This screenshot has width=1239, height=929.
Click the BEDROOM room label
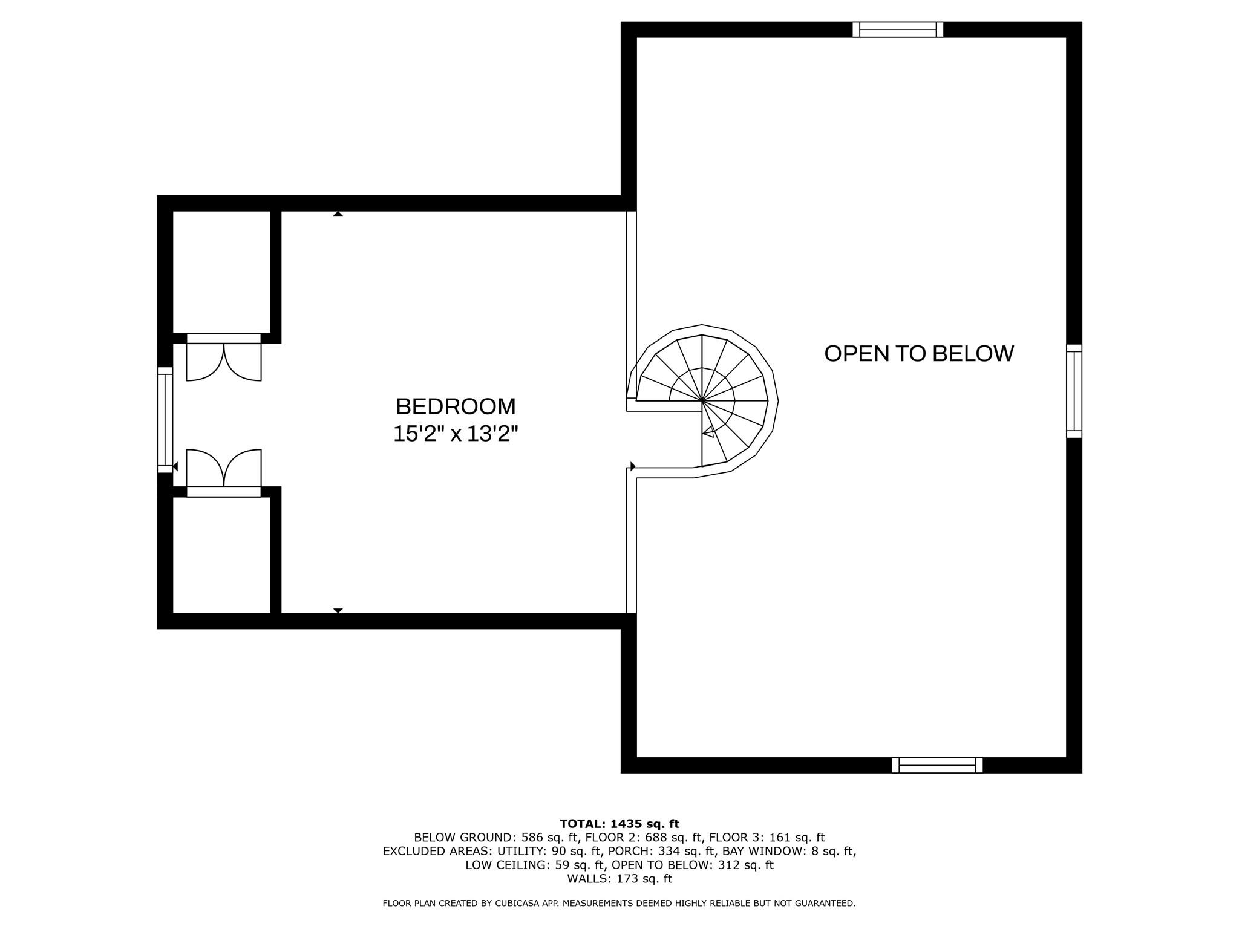click(456, 406)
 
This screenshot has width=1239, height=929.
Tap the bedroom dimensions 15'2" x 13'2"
click(456, 434)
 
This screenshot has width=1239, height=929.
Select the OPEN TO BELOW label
click(919, 354)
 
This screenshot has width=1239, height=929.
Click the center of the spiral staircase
click(702, 400)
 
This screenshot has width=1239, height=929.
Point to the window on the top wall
click(898, 30)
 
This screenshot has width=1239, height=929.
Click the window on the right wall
click(1074, 391)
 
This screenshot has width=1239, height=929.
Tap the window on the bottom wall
click(937, 765)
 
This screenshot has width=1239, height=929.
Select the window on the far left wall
click(165, 420)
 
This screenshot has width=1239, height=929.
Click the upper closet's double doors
click(224, 362)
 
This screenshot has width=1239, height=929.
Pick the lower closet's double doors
click(224, 468)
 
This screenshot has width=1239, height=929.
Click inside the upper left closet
click(221, 272)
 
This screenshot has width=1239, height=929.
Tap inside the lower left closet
click(221, 555)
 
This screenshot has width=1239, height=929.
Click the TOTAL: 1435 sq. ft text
click(619, 824)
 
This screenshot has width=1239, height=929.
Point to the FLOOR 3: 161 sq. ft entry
click(767, 838)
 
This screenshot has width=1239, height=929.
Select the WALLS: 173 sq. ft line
click(619, 879)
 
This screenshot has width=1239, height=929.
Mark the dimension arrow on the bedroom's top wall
click(338, 214)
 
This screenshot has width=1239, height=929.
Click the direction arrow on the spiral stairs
click(708, 432)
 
